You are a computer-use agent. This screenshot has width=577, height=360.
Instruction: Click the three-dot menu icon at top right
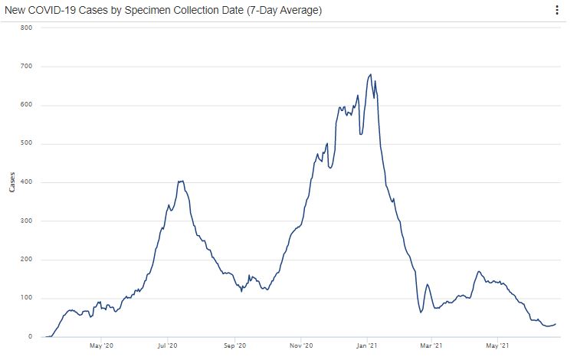tap(556, 11)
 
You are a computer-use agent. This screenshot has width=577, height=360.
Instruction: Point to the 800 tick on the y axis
tap(26, 28)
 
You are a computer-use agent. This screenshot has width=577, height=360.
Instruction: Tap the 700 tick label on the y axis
tap(26, 67)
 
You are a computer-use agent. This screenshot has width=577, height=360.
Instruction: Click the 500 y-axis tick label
tap(26, 144)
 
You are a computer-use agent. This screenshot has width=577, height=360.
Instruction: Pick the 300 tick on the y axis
tap(26, 221)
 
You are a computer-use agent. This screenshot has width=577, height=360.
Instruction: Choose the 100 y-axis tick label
tap(26, 299)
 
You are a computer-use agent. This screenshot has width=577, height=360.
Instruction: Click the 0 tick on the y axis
tap(29, 337)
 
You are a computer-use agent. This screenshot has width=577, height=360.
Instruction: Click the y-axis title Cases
tap(11, 182)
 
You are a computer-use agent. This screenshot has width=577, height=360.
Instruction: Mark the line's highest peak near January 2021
tap(371, 74)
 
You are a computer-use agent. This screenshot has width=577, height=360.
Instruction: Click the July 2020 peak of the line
tap(181, 181)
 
